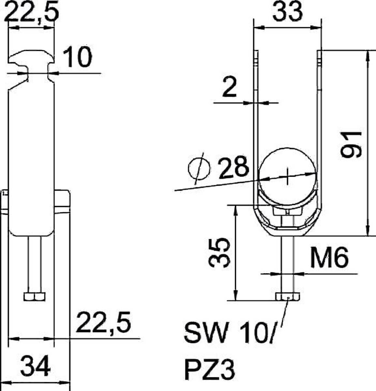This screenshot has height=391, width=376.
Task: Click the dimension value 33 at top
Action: [287, 12]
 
